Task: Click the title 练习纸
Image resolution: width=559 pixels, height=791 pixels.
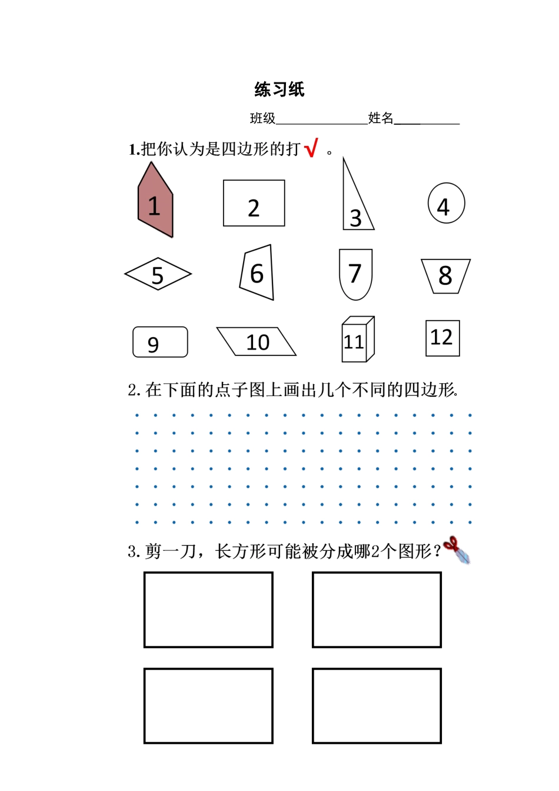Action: (x=279, y=89)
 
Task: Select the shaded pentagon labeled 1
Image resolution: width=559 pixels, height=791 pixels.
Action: (x=155, y=202)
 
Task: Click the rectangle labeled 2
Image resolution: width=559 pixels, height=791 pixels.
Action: (x=254, y=203)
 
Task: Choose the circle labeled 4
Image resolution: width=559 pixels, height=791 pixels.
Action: (x=446, y=203)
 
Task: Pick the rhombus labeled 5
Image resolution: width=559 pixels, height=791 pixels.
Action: (x=158, y=274)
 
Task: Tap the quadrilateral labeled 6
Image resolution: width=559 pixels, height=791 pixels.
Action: (x=258, y=273)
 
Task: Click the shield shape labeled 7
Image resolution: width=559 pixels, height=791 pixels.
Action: (x=355, y=274)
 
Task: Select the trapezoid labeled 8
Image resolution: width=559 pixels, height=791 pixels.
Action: (x=445, y=275)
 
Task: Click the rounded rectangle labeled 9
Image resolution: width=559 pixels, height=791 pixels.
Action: (x=160, y=342)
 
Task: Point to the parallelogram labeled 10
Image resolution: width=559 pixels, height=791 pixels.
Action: (x=257, y=342)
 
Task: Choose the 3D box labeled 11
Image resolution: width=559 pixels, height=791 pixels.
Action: (x=357, y=340)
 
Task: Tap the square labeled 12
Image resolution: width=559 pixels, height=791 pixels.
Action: (x=442, y=338)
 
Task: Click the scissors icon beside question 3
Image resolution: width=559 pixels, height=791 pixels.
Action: (x=458, y=550)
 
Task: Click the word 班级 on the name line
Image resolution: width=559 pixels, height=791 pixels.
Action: (x=262, y=118)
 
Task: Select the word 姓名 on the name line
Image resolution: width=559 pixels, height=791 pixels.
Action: (x=380, y=118)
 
